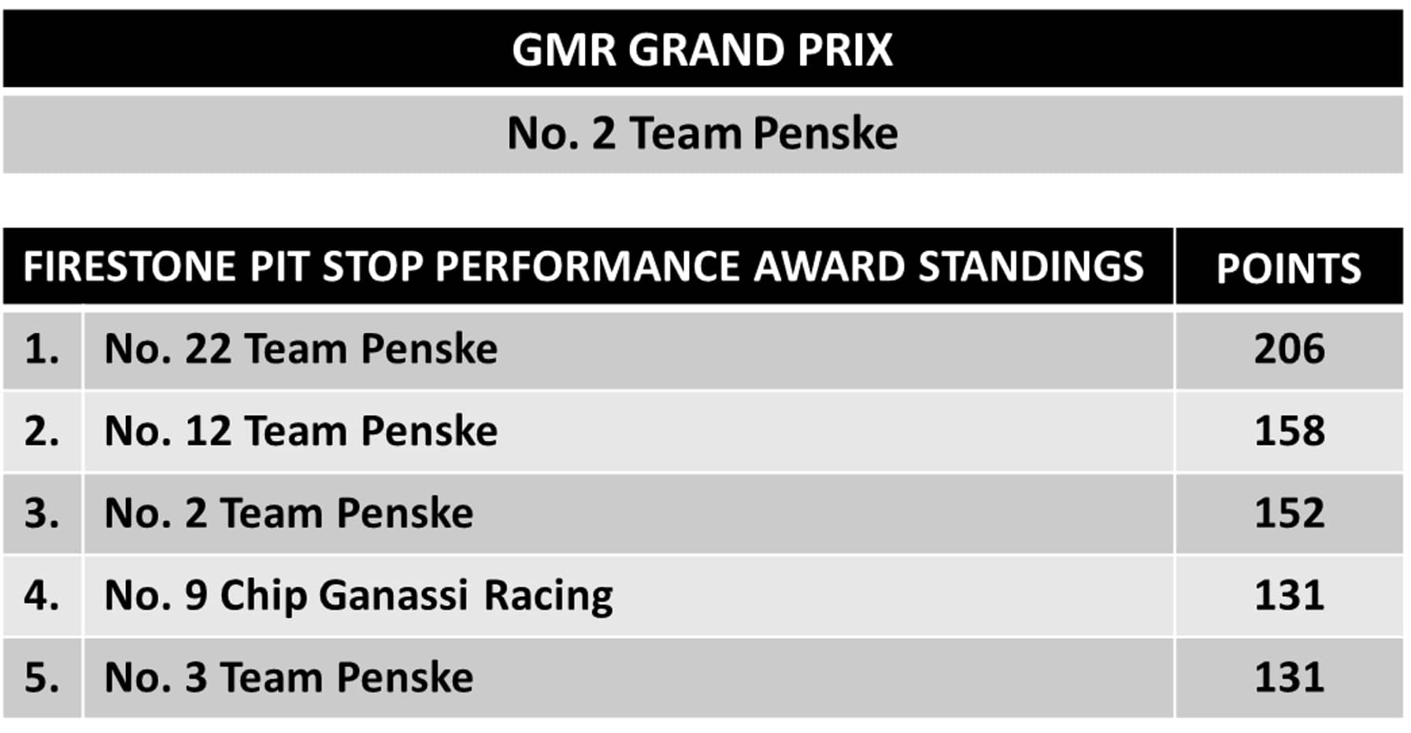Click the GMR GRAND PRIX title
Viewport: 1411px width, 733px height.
pos(702,50)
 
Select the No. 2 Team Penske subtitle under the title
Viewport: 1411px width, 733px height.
pos(702,133)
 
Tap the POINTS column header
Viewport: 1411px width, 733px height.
pos(1289,268)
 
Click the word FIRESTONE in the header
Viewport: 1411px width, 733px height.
pos(130,266)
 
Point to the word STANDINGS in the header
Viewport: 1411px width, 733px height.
pos(1031,266)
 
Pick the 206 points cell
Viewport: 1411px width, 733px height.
pos(1290,349)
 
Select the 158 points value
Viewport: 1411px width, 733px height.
pos(1290,431)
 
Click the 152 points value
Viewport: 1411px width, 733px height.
pos(1290,513)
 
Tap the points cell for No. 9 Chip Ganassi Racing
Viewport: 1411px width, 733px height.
pos(1290,594)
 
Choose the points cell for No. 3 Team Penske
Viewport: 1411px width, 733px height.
pos(1290,677)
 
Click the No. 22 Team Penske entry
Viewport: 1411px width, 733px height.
pos(301,349)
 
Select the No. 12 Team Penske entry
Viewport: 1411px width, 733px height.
pos(301,431)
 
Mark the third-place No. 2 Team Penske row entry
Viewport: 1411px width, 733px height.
pos(289,513)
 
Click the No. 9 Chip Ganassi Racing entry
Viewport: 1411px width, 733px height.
pos(358,596)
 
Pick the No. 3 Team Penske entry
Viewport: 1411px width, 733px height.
pos(289,677)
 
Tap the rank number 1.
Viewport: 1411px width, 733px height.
pos(42,349)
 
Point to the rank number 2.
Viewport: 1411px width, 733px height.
pos(42,431)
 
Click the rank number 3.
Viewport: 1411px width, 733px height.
pos(42,513)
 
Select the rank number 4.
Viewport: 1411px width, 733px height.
pos(42,594)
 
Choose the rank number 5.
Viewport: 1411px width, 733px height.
pos(42,677)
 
